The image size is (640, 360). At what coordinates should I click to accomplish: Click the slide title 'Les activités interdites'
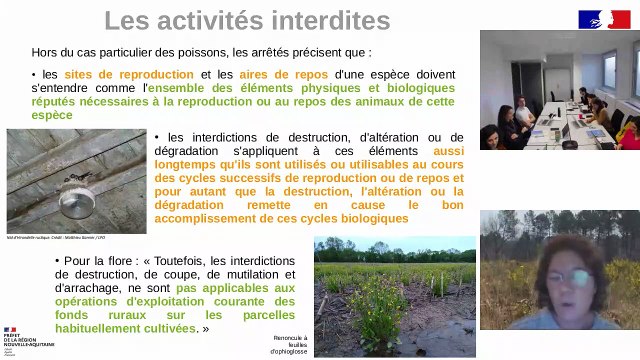pos(247,20)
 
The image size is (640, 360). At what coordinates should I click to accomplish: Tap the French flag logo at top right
pos(603,19)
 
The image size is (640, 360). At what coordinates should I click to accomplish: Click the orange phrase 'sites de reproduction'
pos(129,74)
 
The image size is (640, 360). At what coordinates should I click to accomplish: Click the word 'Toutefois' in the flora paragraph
pos(189,260)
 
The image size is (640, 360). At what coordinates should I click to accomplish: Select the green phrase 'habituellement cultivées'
pos(126,327)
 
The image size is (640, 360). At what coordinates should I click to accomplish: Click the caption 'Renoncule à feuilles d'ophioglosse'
pos(291,344)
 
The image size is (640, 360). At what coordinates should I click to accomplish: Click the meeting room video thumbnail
pos(559,90)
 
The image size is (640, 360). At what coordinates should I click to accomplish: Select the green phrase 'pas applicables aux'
pos(235,287)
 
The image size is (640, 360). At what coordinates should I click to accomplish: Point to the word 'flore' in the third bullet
pos(109,260)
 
